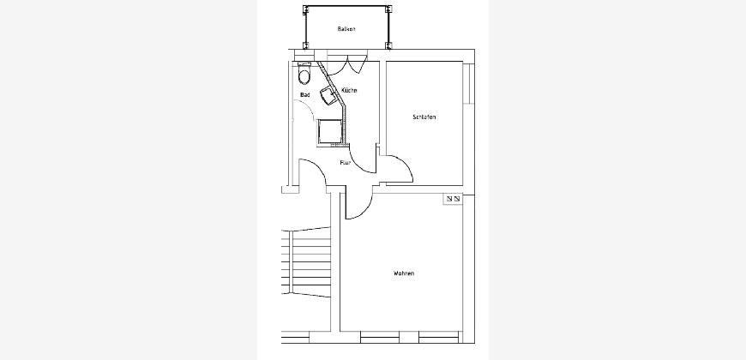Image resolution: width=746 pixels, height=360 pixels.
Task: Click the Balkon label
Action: click(x=346, y=29)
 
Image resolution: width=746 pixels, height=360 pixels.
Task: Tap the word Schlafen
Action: click(x=424, y=117)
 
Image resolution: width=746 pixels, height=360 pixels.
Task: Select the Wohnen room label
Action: click(x=404, y=273)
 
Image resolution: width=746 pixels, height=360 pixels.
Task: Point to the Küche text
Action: click(x=349, y=90)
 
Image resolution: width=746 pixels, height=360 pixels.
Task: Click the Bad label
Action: click(x=305, y=95)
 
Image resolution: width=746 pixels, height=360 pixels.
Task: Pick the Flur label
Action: click(x=346, y=163)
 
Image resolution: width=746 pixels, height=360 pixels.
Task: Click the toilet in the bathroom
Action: click(x=304, y=74)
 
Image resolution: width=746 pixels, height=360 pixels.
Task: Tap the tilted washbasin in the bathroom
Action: click(x=328, y=94)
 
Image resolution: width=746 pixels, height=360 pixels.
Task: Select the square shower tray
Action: click(x=330, y=132)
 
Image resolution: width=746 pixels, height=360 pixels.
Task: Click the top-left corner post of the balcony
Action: click(x=306, y=9)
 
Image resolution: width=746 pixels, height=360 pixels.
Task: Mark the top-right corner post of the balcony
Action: click(x=388, y=9)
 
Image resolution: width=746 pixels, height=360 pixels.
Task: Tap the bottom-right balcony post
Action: click(x=388, y=45)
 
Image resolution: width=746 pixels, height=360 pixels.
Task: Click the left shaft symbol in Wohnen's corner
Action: click(x=449, y=198)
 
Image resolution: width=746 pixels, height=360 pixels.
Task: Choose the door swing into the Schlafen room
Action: click(x=400, y=169)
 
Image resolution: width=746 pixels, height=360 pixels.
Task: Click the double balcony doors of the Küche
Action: click(x=346, y=65)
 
